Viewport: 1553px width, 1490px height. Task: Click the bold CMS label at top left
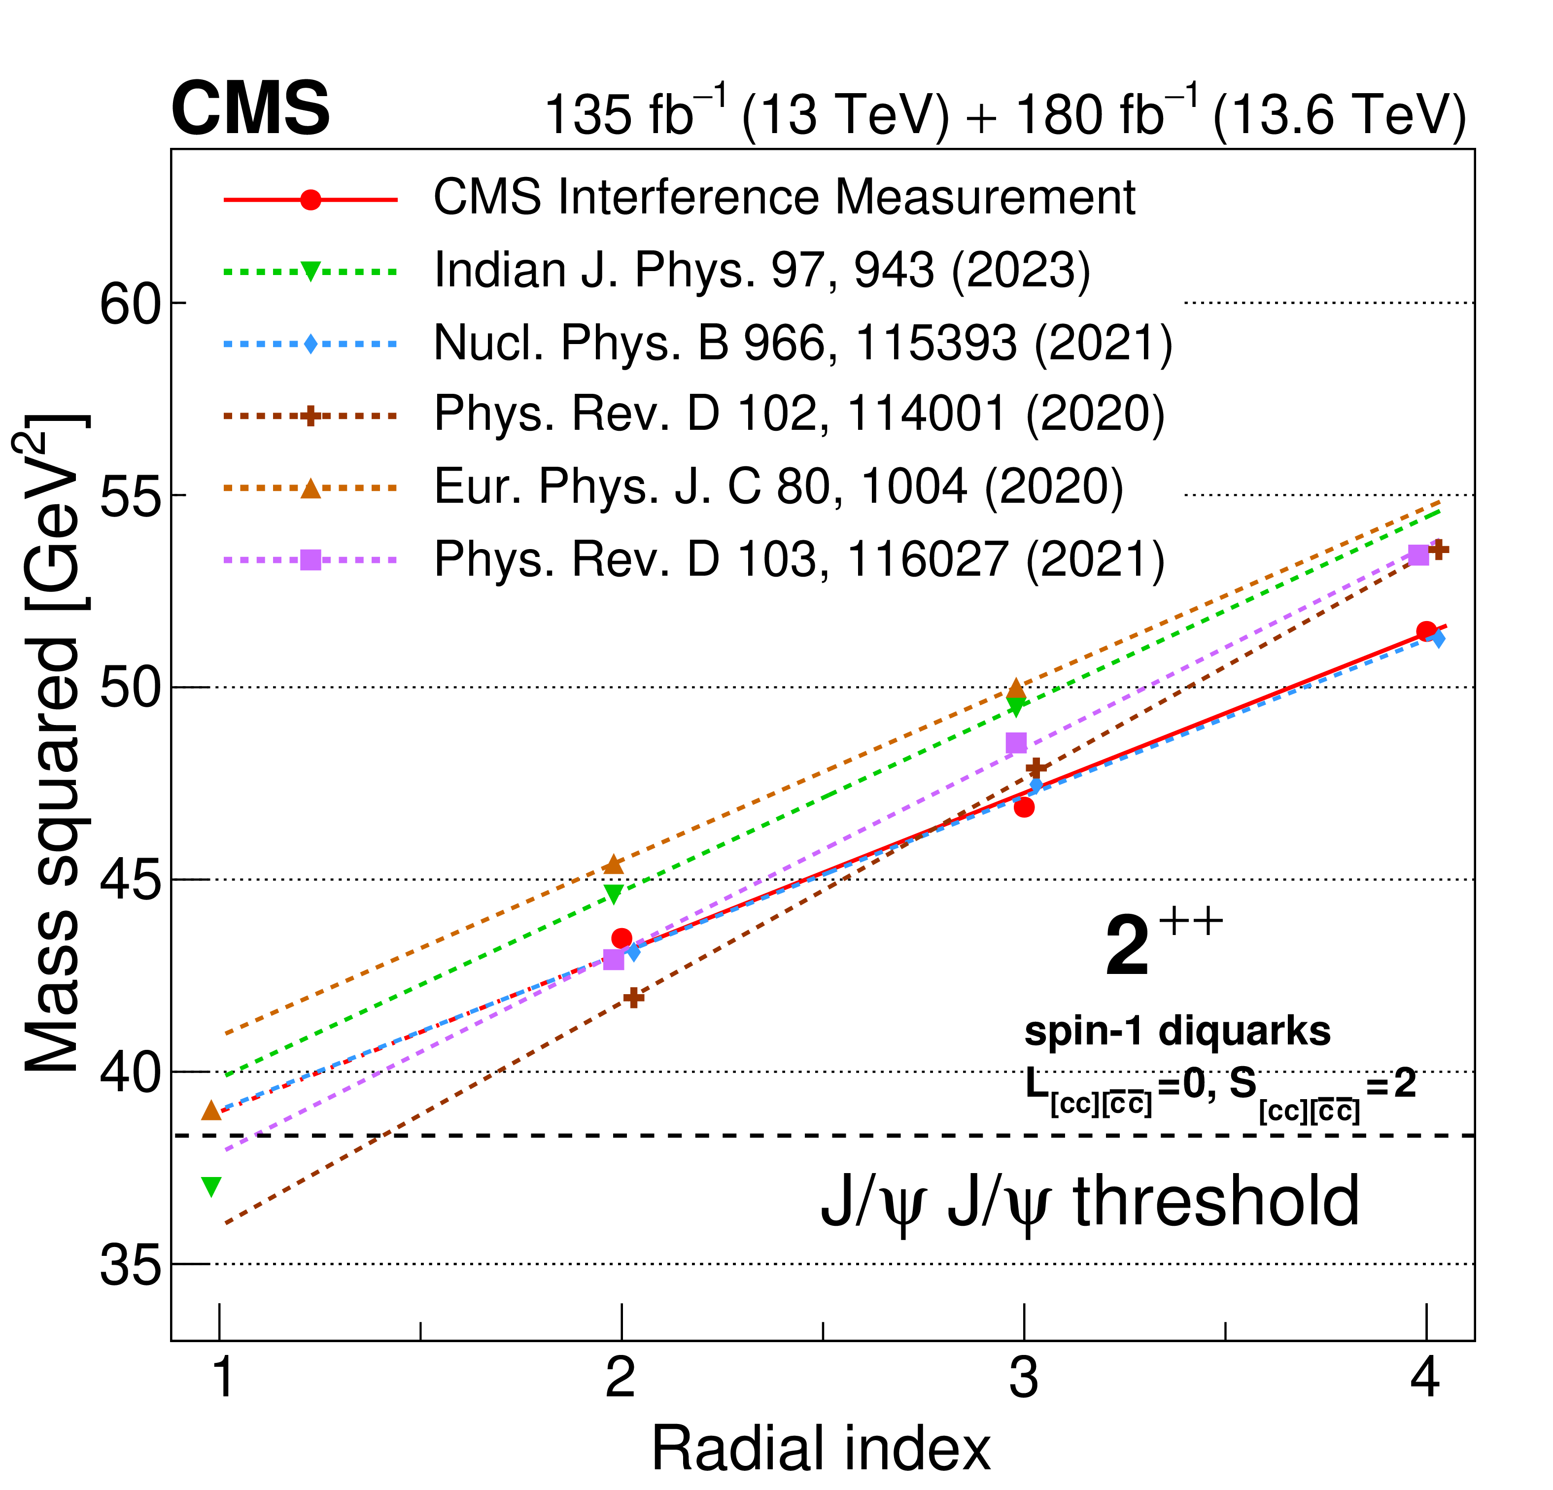(250, 109)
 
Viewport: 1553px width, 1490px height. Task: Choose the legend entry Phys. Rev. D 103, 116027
(799, 559)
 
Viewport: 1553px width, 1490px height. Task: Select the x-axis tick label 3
(1024, 1379)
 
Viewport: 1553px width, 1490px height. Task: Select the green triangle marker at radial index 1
(211, 1186)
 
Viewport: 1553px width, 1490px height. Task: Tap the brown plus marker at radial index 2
(633, 998)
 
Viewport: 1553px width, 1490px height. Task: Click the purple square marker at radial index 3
(1016, 743)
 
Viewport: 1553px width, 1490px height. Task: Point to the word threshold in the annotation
(1216, 1202)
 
